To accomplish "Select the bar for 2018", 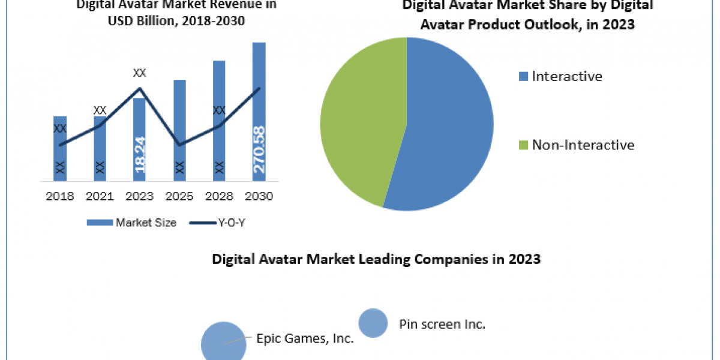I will (60, 150).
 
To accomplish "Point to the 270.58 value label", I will (259, 149).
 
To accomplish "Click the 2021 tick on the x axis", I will (100, 196).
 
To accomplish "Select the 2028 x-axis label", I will (219, 196).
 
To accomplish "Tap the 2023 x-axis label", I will (139, 196).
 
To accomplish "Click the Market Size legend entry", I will (132, 223).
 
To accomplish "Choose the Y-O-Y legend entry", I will (218, 223).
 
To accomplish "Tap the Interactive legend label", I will (566, 76).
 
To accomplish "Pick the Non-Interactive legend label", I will (583, 145).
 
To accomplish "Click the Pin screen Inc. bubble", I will (373, 323).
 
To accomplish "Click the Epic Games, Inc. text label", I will (305, 338).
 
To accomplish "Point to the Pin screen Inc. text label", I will (442, 325).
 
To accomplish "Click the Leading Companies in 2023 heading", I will (376, 259).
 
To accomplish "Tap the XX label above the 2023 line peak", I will (140, 73).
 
